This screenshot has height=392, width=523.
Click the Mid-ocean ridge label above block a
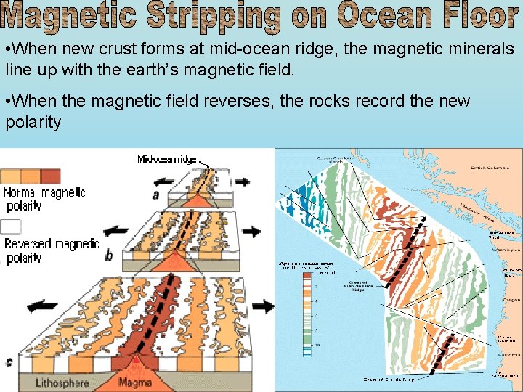tap(166, 159)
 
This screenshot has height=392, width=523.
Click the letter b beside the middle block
tap(109, 255)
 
